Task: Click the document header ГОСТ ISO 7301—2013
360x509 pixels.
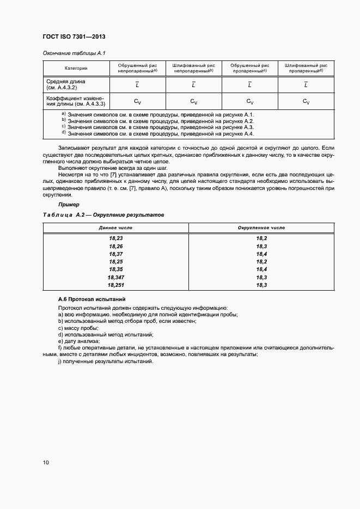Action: pyautogui.click(x=74, y=36)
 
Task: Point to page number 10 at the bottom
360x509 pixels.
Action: pyautogui.click(x=46, y=463)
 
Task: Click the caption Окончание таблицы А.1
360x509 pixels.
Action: pyautogui.click(x=70, y=53)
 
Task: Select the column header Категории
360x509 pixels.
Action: pyautogui.click(x=76, y=68)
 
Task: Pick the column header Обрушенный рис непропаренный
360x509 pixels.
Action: pyautogui.click(x=137, y=68)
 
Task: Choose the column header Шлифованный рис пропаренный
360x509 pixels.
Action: pyautogui.click(x=305, y=68)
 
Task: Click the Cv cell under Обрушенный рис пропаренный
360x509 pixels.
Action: pyautogui.click(x=249, y=101)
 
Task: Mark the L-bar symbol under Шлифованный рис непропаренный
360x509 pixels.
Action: pyautogui.click(x=193, y=84)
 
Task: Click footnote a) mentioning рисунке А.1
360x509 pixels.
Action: pyautogui.click(x=158, y=114)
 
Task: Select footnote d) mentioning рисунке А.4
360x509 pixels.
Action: pyautogui.click(x=158, y=134)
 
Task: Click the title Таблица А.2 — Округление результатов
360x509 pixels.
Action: pyautogui.click(x=103, y=215)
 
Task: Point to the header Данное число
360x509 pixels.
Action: pyautogui.click(x=115, y=228)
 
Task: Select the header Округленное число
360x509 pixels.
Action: pyautogui.click(x=261, y=228)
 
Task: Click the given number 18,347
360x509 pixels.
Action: pyautogui.click(x=115, y=277)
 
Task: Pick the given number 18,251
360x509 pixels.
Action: pyautogui.click(x=115, y=284)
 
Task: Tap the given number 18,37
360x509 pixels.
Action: pyautogui.click(x=115, y=254)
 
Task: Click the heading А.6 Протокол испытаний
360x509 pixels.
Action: pyautogui.click(x=91, y=299)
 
